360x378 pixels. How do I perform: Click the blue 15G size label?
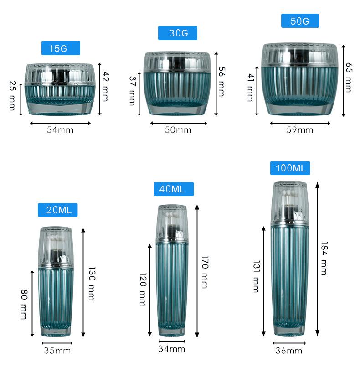pyautogui.click(x=61, y=48)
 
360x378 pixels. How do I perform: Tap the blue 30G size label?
pyautogui.click(x=178, y=33)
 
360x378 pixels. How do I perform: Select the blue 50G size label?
pyautogui.click(x=300, y=21)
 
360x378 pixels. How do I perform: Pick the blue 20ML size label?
pyautogui.click(x=57, y=210)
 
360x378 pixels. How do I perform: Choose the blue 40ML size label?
pyautogui.click(x=174, y=189)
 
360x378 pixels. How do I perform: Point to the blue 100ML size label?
pyautogui.click(x=290, y=168)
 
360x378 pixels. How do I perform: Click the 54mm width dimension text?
pyautogui.click(x=60, y=130)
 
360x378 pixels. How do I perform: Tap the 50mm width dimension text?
pyautogui.click(x=178, y=130)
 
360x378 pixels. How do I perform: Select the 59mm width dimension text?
pyautogui.click(x=300, y=130)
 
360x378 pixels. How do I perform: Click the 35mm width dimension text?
pyautogui.click(x=57, y=351)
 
